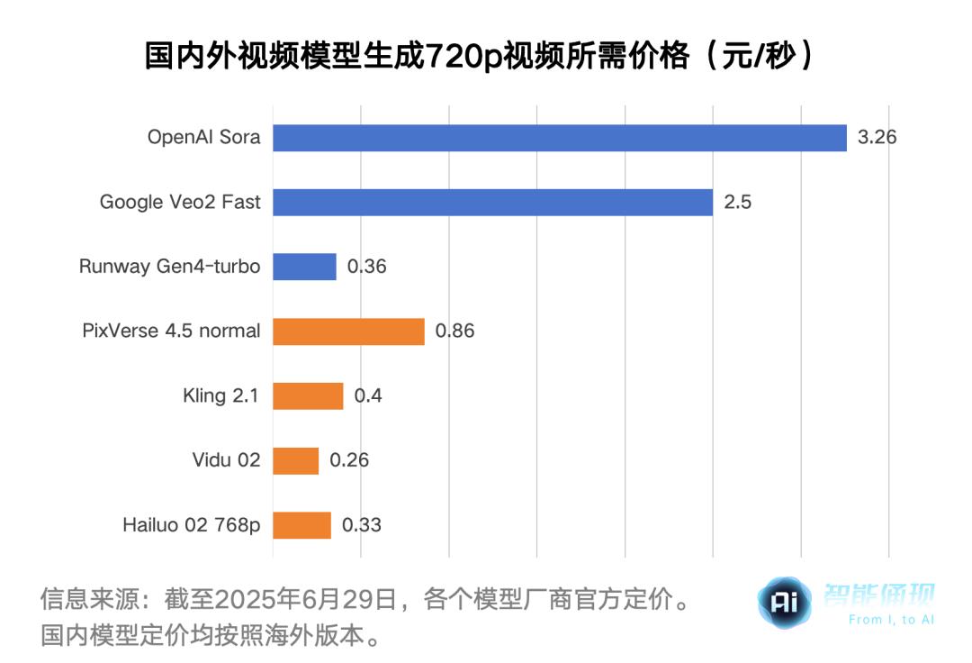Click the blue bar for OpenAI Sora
point(559,138)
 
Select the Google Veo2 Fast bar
point(492,202)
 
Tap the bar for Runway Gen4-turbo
point(304,267)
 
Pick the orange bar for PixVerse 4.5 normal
point(348,331)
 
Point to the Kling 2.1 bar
point(308,395)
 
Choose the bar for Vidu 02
point(295,460)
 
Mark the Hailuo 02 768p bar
point(301,525)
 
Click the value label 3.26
point(877,138)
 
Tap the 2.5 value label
point(738,202)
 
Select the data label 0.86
point(454,331)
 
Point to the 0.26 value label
point(349,460)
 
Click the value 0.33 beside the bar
point(361,525)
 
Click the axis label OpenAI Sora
point(204,138)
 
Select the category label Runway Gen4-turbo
point(170,267)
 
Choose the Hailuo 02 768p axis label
point(192,525)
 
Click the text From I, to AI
point(891,620)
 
